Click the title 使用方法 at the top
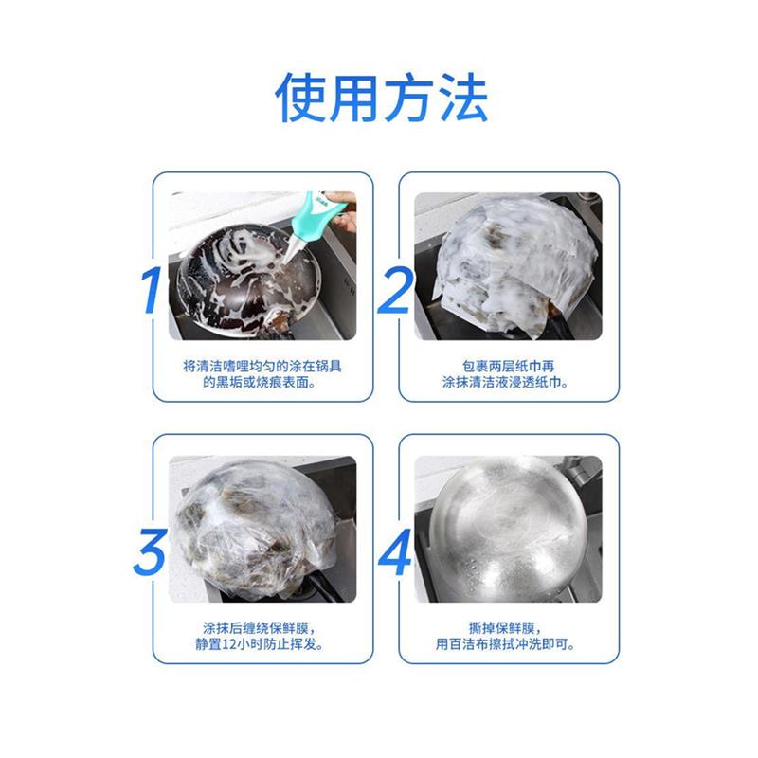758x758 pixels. click(x=381, y=98)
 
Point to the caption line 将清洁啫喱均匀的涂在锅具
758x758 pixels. click(x=261, y=365)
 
